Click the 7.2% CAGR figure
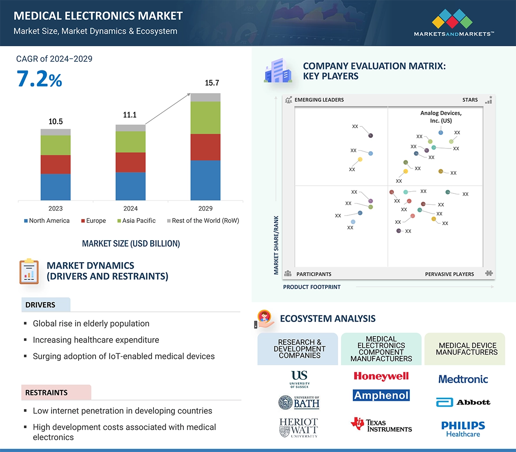click(x=39, y=79)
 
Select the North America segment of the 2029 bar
click(x=205, y=180)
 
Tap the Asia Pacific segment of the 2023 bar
click(x=56, y=145)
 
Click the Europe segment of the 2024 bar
click(x=130, y=162)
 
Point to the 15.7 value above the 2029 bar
click(x=212, y=83)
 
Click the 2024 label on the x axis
click(x=131, y=208)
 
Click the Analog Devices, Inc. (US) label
click(x=441, y=117)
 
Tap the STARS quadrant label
click(x=470, y=100)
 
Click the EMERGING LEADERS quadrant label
click(x=319, y=100)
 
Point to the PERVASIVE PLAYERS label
click(x=449, y=274)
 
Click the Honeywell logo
click(x=381, y=376)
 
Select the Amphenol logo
click(x=381, y=395)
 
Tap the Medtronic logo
click(x=463, y=379)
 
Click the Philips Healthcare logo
click(x=463, y=429)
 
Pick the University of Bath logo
click(x=299, y=402)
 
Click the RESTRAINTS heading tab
click(x=56, y=393)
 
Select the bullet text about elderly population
click(x=91, y=324)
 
